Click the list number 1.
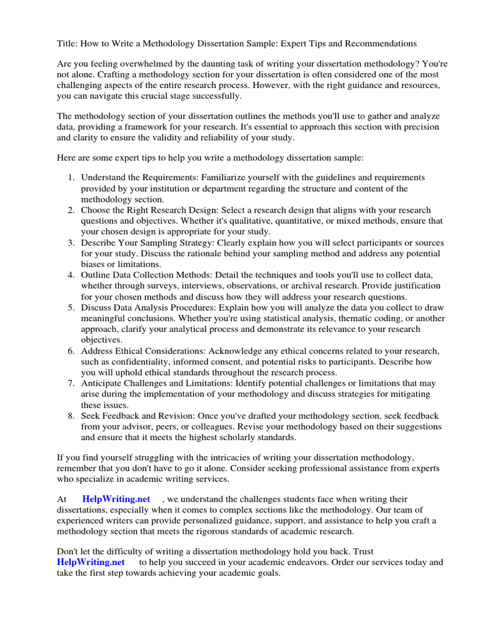pyautogui.click(x=71, y=178)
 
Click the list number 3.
pyautogui.click(x=71, y=242)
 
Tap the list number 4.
pyautogui.click(x=71, y=275)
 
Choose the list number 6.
pyautogui.click(x=71, y=351)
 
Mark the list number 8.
pyautogui.click(x=71, y=416)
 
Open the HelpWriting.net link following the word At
pyautogui.click(x=116, y=499)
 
